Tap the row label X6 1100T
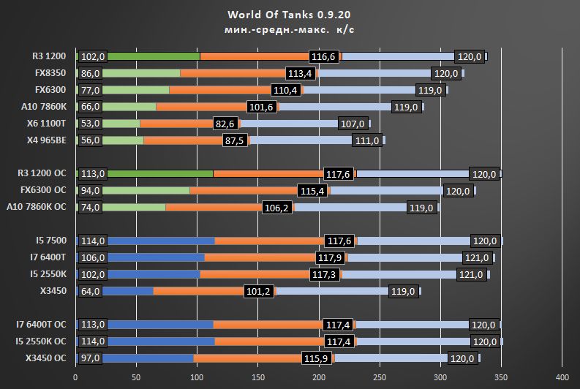click(x=46, y=124)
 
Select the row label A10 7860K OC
click(x=37, y=207)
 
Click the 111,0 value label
click(x=368, y=140)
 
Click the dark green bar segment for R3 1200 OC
click(x=161, y=174)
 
